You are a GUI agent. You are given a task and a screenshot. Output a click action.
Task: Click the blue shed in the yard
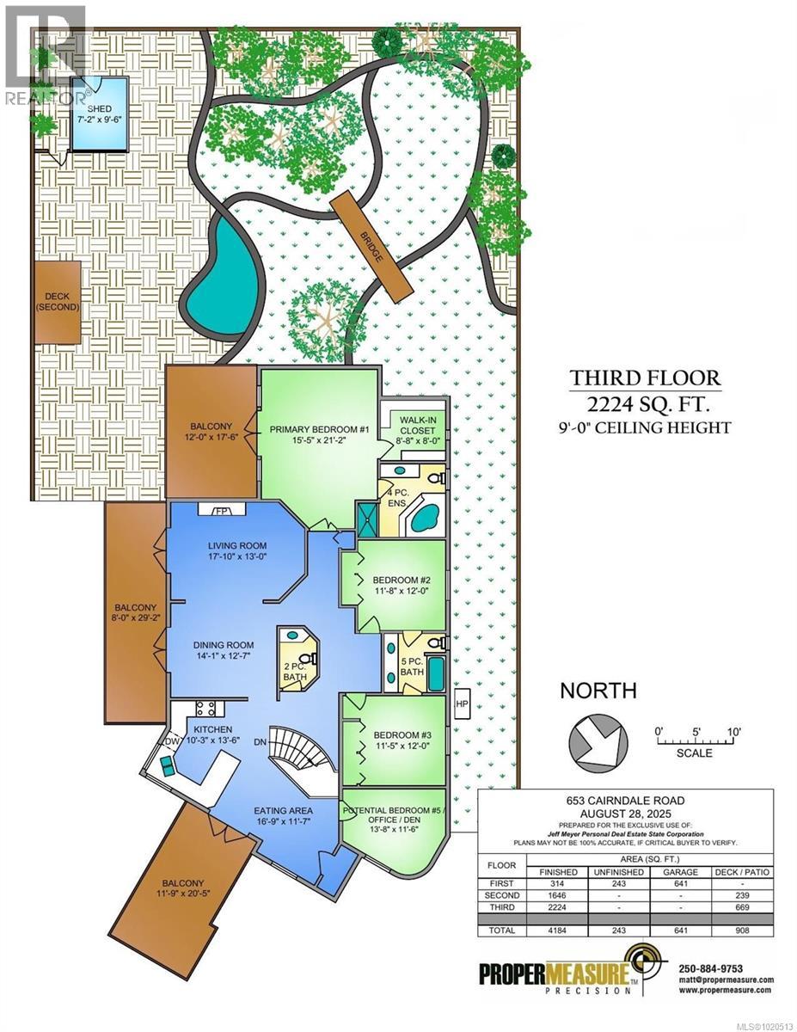(99, 114)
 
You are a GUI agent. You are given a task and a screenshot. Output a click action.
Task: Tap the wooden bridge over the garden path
(371, 246)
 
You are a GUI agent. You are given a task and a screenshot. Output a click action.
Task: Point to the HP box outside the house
(460, 703)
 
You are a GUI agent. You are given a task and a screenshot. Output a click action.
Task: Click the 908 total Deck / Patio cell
(745, 930)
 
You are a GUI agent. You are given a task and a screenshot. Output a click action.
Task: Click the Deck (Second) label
(57, 301)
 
